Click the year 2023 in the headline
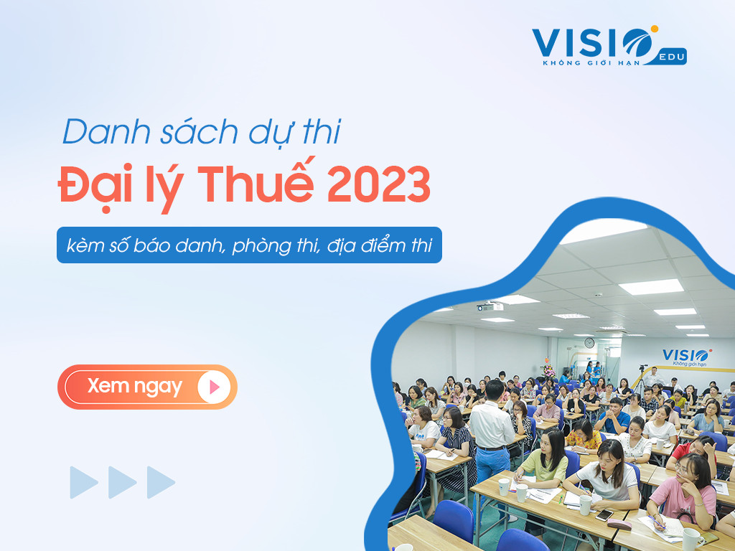[378, 184]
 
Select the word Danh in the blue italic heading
[106, 132]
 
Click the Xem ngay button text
[134, 387]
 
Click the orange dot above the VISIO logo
[655, 29]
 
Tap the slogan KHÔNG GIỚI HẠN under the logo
[591, 63]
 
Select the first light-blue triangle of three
[84, 482]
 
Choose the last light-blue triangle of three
[161, 482]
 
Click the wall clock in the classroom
[589, 343]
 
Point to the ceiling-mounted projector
[490, 307]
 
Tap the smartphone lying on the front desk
[604, 515]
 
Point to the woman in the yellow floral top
[584, 435]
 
